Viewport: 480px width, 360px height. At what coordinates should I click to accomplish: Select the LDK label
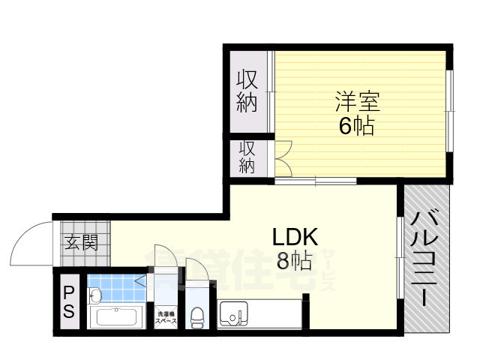(x=295, y=237)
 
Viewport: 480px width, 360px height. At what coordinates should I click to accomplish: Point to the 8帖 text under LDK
(x=294, y=262)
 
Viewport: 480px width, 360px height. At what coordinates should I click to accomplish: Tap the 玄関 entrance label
(x=80, y=242)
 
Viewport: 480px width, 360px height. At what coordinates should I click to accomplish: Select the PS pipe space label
(x=68, y=302)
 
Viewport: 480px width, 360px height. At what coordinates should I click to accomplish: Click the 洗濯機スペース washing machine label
(x=166, y=317)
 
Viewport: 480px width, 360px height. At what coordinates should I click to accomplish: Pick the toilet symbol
(x=197, y=318)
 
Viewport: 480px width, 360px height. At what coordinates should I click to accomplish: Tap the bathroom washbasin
(x=95, y=295)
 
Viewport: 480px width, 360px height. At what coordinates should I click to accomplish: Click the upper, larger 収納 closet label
(x=248, y=91)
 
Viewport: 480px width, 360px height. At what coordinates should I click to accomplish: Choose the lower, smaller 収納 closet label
(x=247, y=157)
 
